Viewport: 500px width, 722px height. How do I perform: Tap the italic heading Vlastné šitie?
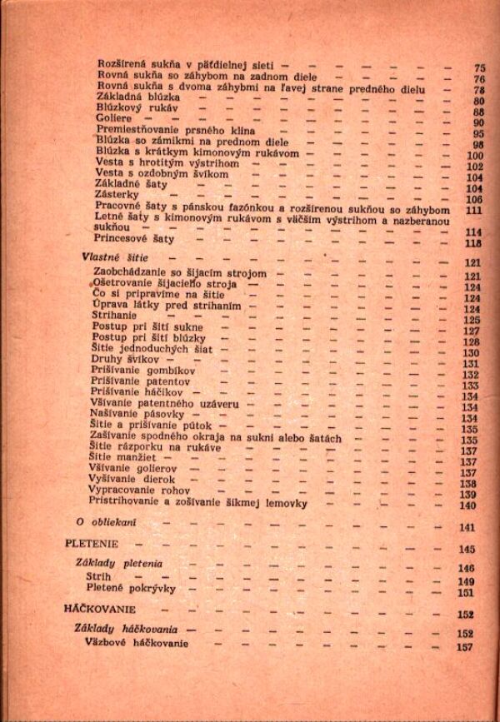coord(115,259)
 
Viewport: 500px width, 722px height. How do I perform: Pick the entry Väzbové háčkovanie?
coord(137,645)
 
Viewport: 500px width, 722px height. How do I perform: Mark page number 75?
coord(479,68)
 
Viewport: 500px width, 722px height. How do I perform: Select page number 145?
coord(466,550)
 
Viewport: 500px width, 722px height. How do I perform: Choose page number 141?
coord(466,528)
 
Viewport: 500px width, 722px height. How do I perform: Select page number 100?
coord(476,155)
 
